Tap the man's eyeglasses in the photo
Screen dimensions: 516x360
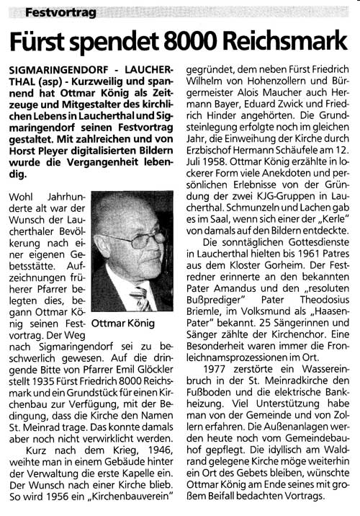[137, 238]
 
